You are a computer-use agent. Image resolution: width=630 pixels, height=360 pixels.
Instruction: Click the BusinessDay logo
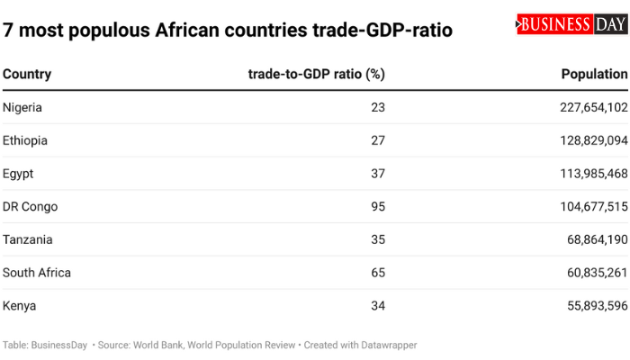click(x=571, y=24)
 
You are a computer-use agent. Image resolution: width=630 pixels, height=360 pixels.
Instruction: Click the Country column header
click(x=27, y=74)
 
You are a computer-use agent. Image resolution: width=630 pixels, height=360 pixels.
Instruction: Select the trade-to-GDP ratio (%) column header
click(x=316, y=74)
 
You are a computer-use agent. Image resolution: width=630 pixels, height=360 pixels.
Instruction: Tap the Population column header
click(x=594, y=74)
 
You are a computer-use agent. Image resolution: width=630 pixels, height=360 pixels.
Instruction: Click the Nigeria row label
click(x=22, y=107)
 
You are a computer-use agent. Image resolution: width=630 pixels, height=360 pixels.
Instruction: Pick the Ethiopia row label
click(x=25, y=140)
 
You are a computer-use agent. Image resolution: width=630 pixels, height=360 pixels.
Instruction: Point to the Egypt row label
click(x=18, y=174)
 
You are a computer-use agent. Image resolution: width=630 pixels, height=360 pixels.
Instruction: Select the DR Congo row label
click(x=30, y=207)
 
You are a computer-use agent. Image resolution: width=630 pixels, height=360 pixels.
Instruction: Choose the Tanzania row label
click(x=27, y=239)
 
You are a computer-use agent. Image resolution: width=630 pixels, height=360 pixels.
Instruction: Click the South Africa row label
click(x=37, y=273)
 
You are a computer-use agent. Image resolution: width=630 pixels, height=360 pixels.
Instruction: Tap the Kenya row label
click(x=20, y=306)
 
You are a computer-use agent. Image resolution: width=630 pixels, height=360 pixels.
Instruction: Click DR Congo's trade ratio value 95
click(x=377, y=207)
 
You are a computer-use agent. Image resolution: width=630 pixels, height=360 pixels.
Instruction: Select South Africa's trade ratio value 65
click(x=377, y=273)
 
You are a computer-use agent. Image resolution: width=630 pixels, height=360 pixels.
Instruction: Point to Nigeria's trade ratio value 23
click(x=377, y=107)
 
